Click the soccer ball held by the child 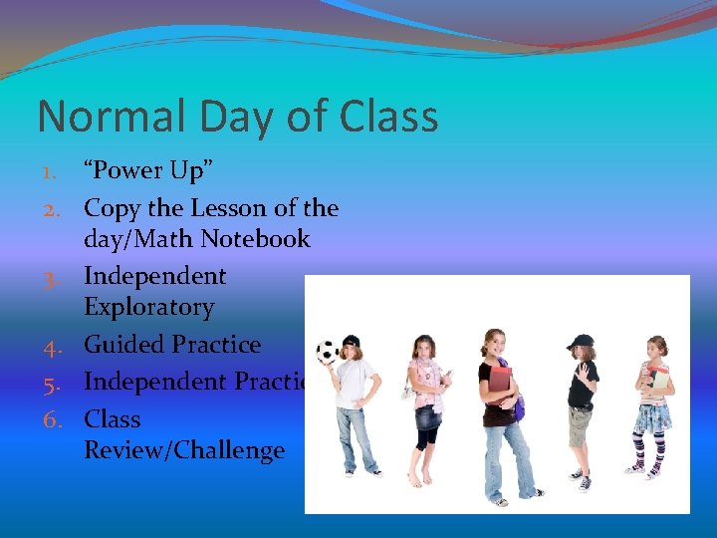[326, 352]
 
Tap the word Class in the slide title [388, 117]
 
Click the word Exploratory [149, 307]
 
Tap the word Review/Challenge [184, 450]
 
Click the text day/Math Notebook [197, 239]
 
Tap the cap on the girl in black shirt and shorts [580, 342]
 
